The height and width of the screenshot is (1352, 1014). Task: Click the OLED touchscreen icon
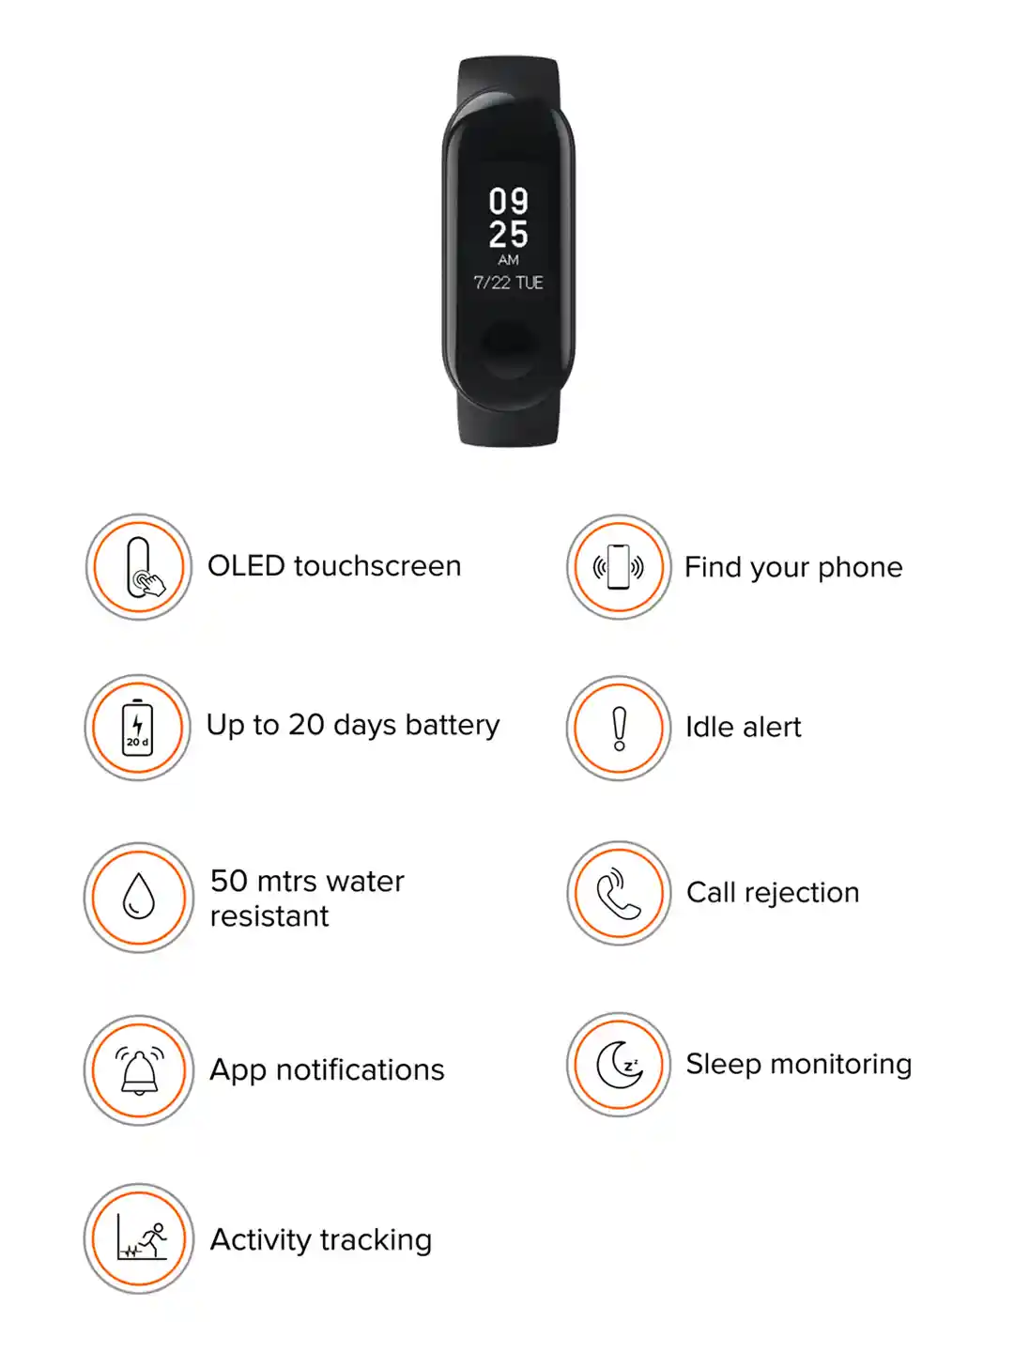pyautogui.click(x=139, y=567)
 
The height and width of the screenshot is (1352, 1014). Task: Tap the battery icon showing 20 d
pyautogui.click(x=138, y=728)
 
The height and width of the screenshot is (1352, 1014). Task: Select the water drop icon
pyautogui.click(x=139, y=897)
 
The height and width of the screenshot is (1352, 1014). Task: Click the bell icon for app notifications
pyautogui.click(x=139, y=1070)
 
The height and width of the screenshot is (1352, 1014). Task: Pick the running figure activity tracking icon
pyautogui.click(x=140, y=1238)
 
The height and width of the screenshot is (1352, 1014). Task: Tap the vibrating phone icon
pyautogui.click(x=619, y=567)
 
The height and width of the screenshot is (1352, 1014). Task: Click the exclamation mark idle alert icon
pyautogui.click(x=619, y=728)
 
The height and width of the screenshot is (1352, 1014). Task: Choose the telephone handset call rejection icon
pyautogui.click(x=619, y=893)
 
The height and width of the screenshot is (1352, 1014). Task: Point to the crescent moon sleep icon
pyautogui.click(x=619, y=1065)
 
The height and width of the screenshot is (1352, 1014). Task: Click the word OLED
pyautogui.click(x=246, y=566)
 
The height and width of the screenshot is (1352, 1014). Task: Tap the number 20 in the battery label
pyautogui.click(x=306, y=725)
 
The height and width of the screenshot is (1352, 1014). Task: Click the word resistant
pyautogui.click(x=269, y=916)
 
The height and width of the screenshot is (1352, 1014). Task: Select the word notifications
pyautogui.click(x=360, y=1070)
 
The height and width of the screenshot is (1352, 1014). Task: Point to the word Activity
pyautogui.click(x=260, y=1240)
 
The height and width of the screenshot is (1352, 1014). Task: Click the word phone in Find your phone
pyautogui.click(x=860, y=567)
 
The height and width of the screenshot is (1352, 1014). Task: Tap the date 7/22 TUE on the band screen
pyautogui.click(x=508, y=283)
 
